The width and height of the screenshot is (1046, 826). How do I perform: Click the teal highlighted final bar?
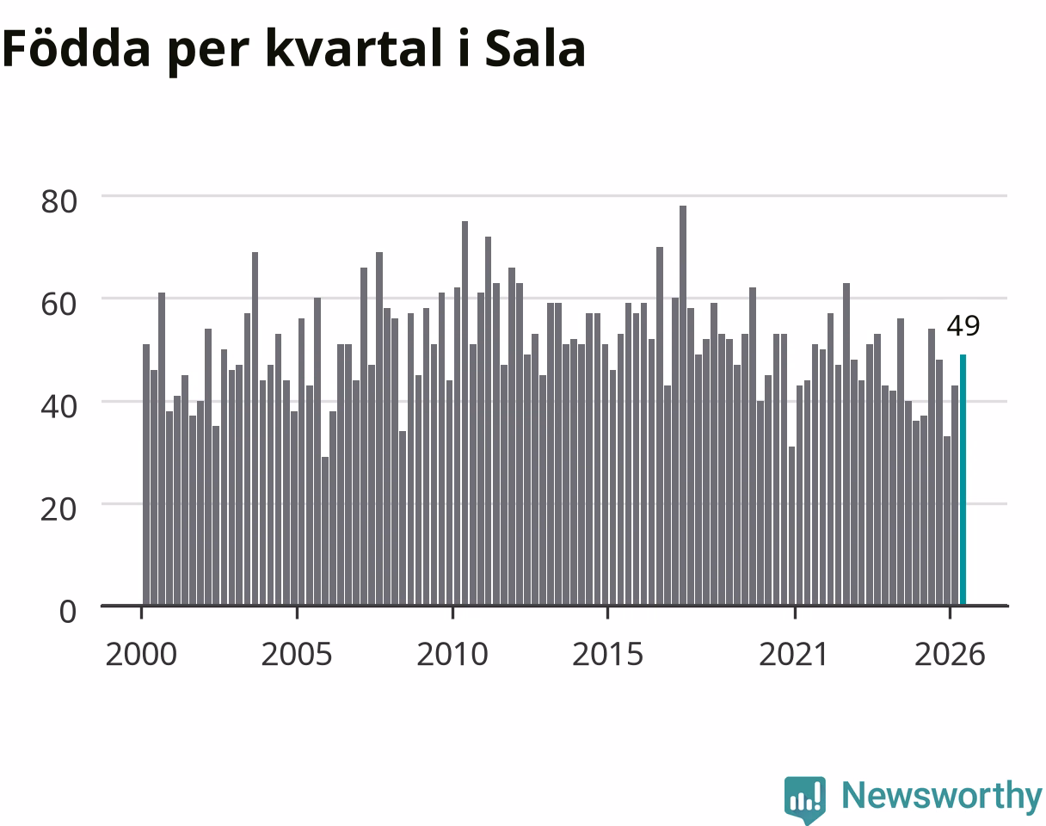tap(963, 480)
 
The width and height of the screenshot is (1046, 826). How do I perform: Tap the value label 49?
tap(963, 326)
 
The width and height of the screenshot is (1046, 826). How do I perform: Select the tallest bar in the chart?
tap(682, 405)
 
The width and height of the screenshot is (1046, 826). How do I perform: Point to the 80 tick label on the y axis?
tap(58, 201)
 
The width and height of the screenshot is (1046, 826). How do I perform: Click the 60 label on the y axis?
tap(58, 304)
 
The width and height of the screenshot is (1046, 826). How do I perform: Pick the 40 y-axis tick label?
tap(58, 406)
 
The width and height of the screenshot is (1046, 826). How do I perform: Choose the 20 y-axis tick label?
tap(58, 509)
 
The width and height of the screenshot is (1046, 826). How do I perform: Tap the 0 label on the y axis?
tap(68, 611)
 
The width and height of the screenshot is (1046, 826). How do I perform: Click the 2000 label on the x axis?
tap(141, 655)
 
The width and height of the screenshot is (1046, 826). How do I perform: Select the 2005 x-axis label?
tap(297, 655)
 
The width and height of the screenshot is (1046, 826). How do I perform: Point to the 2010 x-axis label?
tap(452, 655)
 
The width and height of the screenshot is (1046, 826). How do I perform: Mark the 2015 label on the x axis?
tap(607, 655)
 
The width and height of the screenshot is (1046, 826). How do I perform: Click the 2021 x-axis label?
tap(794, 655)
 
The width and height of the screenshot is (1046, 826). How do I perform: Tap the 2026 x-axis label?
tap(950, 655)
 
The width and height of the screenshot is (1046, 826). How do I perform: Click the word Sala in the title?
tap(535, 48)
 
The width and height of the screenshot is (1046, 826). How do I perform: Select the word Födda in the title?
tap(77, 47)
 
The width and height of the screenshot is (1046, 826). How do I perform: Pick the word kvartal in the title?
tap(354, 47)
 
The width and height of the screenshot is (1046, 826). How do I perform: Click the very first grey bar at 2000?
tap(146, 474)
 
